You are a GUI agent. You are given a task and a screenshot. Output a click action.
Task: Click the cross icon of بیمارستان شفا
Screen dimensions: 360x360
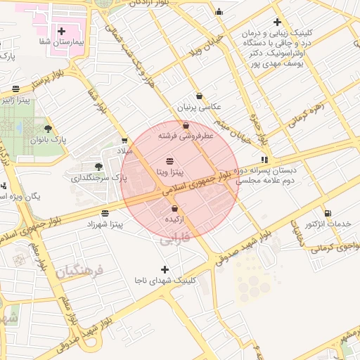click(x=62, y=31)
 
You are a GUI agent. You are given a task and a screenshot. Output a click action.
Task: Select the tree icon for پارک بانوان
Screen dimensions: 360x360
click(x=48, y=128)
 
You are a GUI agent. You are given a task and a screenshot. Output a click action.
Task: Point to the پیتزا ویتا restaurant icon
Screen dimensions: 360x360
click(x=169, y=161)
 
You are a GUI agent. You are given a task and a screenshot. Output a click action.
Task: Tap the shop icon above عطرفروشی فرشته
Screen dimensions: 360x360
click(x=186, y=125)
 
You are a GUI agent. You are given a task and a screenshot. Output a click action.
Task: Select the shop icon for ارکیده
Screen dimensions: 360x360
click(x=174, y=209)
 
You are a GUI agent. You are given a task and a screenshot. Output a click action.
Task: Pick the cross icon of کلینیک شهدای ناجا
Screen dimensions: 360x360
click(x=165, y=269)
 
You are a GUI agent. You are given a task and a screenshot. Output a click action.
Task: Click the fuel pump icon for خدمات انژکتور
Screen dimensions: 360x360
click(x=328, y=212)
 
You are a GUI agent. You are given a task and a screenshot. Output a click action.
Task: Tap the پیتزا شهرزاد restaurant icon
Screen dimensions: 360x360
click(x=105, y=213)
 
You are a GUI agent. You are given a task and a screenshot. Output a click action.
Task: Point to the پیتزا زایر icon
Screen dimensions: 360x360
click(x=15, y=89)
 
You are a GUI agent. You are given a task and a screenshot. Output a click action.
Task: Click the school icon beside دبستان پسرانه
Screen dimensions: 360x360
click(x=264, y=160)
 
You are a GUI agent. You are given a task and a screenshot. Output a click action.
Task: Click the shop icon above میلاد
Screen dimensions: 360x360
click(x=124, y=141)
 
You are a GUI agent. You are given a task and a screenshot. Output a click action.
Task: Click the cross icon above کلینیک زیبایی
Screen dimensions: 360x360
click(x=278, y=22)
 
